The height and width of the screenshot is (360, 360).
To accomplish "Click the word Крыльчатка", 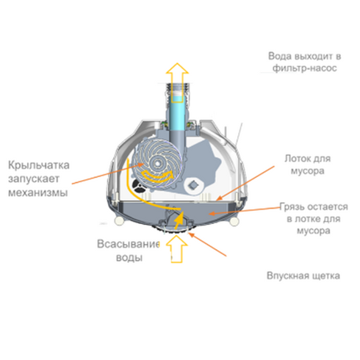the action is pos(39,165).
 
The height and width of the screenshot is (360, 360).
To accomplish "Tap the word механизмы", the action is pos(38,192).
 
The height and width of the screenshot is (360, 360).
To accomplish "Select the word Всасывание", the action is pos(129,244).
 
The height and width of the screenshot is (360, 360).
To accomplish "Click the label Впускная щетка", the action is pos(303,276).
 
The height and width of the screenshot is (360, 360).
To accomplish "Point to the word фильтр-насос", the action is pos(305,68).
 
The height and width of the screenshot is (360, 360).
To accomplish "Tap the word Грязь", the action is pos(292,207).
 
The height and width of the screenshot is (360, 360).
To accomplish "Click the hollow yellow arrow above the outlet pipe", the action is pos(177,82).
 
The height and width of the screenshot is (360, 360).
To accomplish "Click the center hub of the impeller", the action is pos(157,162).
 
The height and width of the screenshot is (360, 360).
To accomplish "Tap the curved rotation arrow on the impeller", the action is pos(158,176).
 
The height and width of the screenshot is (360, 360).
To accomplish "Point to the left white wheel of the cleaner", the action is pos(119,220).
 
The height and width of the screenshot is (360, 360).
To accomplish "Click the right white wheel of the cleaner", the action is pos(234,221).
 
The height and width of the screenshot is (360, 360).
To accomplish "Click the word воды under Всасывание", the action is pos(129,258).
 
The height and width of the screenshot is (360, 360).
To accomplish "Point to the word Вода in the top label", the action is pos(280,56).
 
